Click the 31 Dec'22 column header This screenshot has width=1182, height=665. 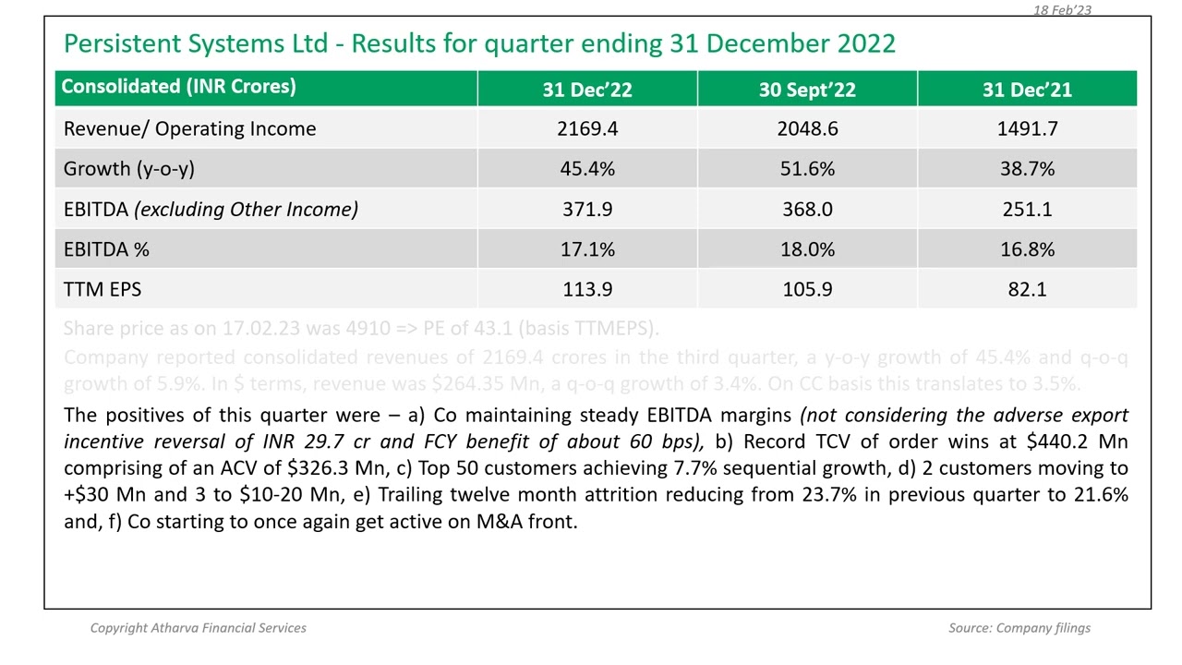(x=587, y=90)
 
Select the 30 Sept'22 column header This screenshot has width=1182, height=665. (x=807, y=90)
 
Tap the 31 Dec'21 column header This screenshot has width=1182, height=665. (x=1027, y=90)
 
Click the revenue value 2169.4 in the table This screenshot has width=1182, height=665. (x=587, y=129)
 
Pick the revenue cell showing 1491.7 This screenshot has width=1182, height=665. (x=1027, y=129)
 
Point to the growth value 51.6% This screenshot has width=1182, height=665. (x=807, y=169)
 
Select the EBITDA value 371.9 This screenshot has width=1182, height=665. (x=587, y=210)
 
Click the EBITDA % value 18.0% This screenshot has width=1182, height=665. (x=807, y=249)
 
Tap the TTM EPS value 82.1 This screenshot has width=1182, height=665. (x=1027, y=290)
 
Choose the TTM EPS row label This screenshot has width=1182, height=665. (x=103, y=290)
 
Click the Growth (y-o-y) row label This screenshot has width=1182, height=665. (x=129, y=169)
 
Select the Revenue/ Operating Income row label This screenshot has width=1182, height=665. (x=189, y=129)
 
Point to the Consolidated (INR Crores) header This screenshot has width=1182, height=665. (x=178, y=87)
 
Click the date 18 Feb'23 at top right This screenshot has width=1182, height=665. (x=1062, y=9)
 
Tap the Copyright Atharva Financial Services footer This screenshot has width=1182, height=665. (x=199, y=628)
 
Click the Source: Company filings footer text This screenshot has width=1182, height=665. (x=1019, y=628)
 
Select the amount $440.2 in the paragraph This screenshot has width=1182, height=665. (x=1056, y=442)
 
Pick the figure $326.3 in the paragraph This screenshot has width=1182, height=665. (x=320, y=468)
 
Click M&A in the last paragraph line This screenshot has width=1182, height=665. (x=500, y=522)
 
